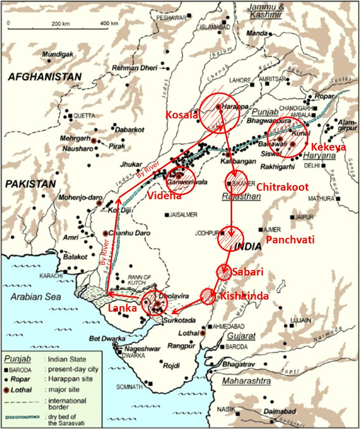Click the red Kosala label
click(181, 115)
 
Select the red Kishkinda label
click(244, 296)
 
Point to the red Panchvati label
click(290, 240)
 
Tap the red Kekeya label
click(327, 147)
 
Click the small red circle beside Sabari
click(224, 271)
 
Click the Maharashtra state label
click(247, 381)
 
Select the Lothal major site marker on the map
click(203, 333)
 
